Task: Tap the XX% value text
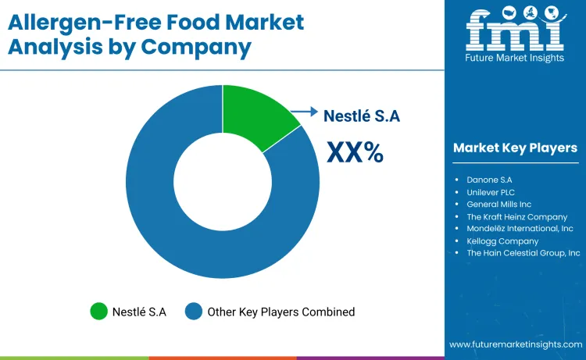354,151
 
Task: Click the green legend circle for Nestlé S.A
98,312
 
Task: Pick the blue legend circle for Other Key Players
193,312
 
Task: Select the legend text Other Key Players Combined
280,312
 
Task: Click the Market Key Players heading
515,148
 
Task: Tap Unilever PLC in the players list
491,192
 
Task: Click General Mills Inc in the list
498,204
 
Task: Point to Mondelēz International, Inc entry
520,229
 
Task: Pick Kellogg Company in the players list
502,241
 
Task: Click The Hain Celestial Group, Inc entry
523,253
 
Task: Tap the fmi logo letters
515,33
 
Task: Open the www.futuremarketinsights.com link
516,344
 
